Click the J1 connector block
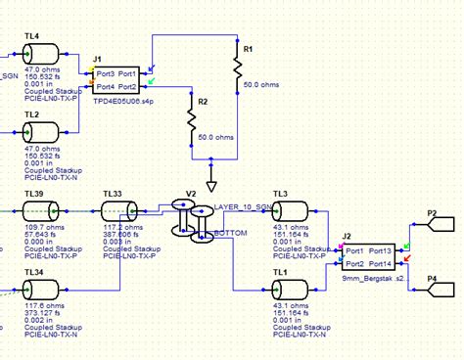[x=116, y=80]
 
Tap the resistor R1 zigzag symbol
[x=237, y=67]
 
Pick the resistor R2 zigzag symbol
[x=192, y=120]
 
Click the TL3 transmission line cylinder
[x=291, y=212]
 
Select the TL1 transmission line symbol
[x=291, y=289]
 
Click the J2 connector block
[x=366, y=256]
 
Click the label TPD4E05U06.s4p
[x=124, y=101]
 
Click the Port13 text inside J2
[x=381, y=250]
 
